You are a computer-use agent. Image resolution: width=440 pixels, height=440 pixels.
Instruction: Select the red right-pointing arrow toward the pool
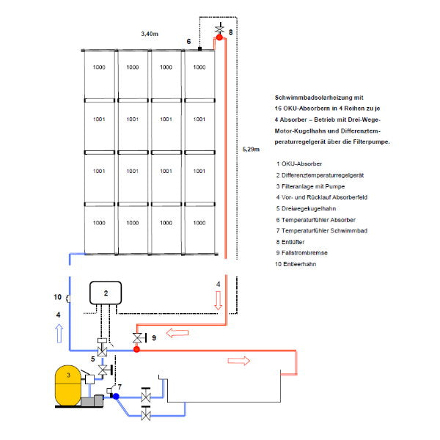coord(240,361)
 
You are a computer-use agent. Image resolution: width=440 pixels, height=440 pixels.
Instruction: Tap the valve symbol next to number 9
coord(136,338)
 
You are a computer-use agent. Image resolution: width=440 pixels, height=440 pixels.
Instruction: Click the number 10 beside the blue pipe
coord(57,298)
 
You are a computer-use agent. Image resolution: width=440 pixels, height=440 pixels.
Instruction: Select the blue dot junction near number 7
coord(116,396)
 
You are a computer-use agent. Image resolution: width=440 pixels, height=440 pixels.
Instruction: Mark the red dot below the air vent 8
coord(219,38)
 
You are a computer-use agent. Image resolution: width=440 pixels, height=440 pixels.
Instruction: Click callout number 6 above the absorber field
coord(188,42)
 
